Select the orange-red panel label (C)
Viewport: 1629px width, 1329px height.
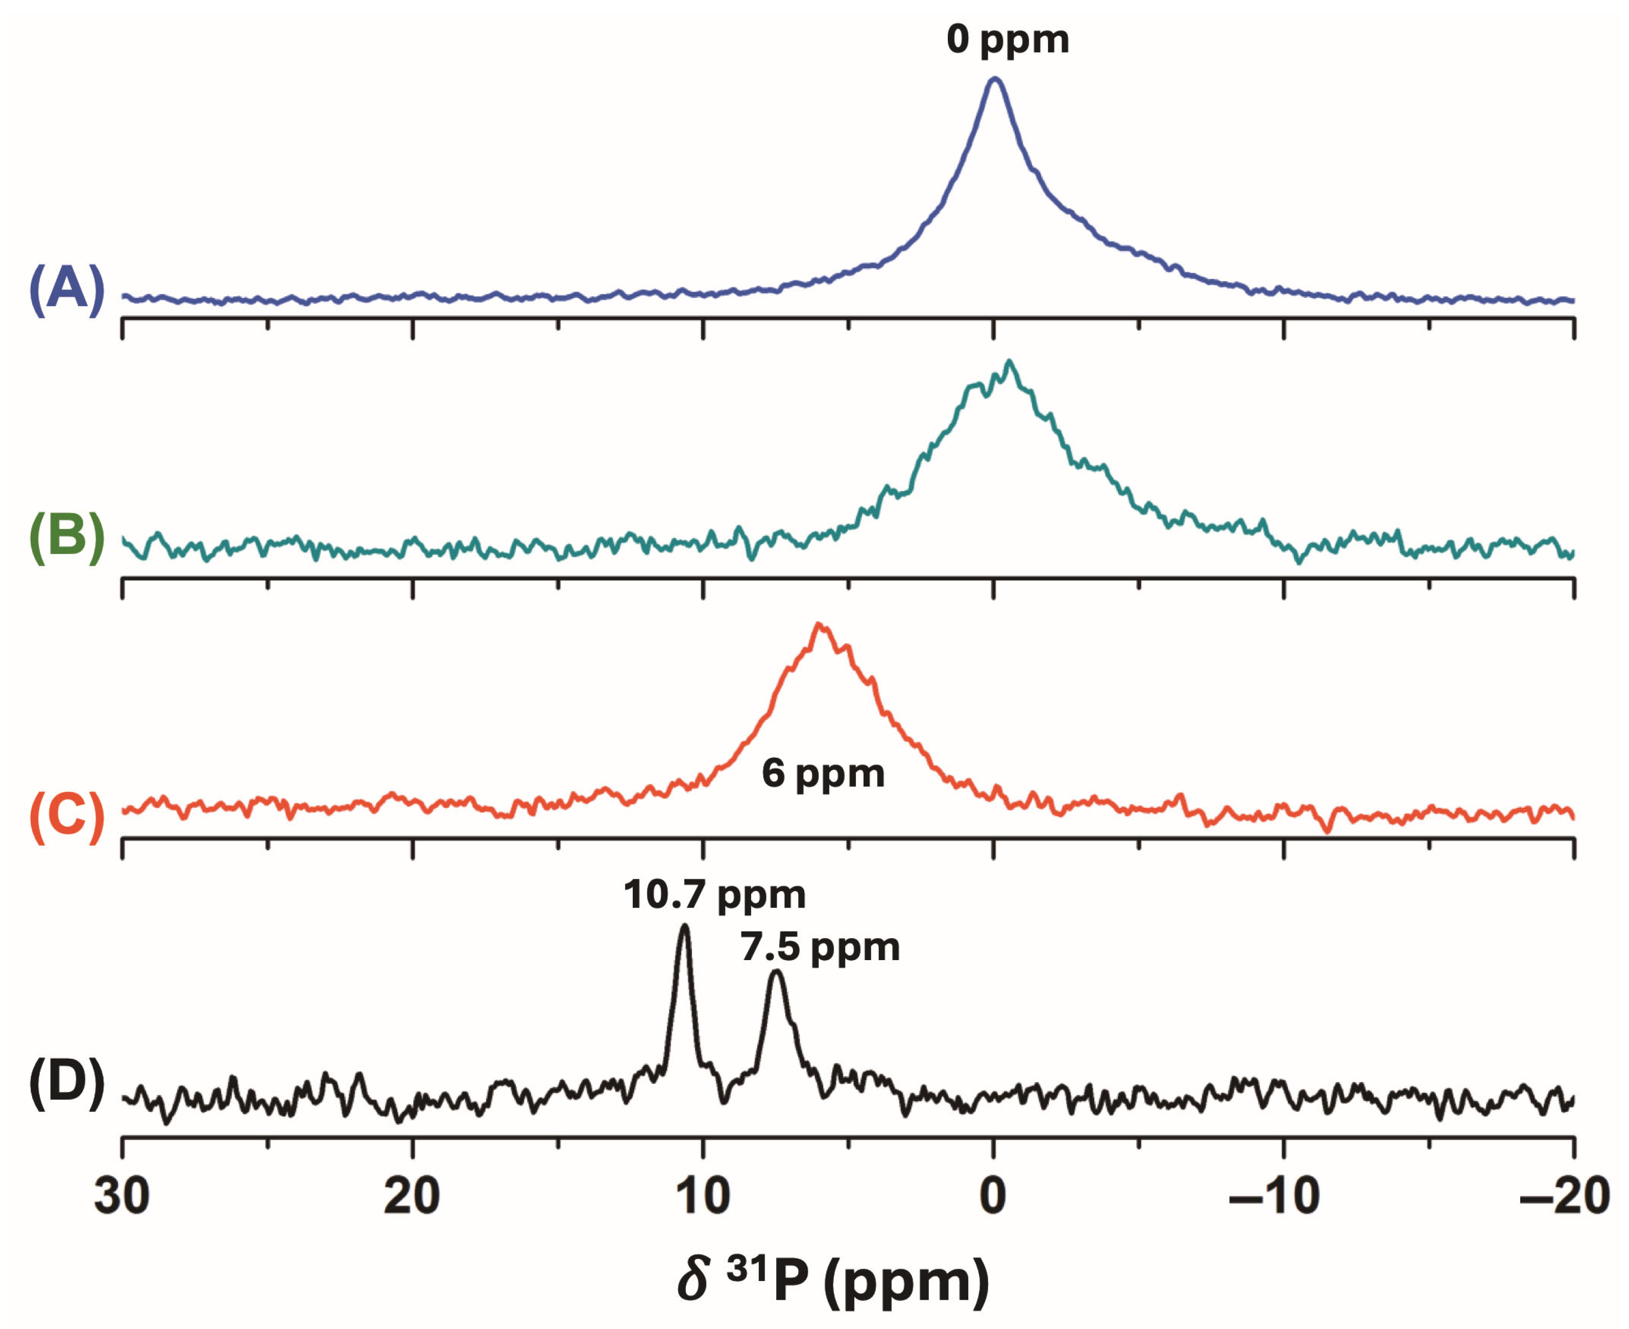click(66, 817)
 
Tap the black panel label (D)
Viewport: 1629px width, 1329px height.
click(66, 1084)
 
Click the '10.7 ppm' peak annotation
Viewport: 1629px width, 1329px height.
click(714, 894)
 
